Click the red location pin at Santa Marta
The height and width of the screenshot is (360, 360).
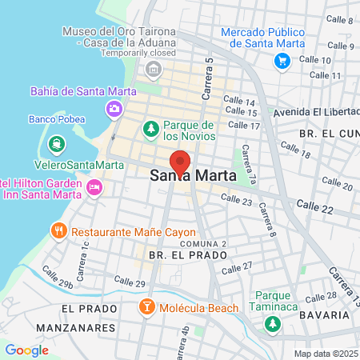click(180, 162)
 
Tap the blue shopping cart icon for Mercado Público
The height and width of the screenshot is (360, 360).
click(282, 60)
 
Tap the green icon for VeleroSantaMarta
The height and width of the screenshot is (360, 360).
click(56, 144)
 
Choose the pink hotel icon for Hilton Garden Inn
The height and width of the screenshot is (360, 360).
click(95, 187)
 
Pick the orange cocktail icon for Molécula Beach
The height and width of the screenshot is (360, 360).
click(148, 307)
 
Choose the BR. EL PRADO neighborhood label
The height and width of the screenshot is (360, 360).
click(188, 254)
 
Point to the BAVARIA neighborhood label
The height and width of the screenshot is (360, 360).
click(328, 315)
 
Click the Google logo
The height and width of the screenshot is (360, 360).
click(26, 350)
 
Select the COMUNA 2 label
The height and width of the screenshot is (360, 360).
click(203, 242)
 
